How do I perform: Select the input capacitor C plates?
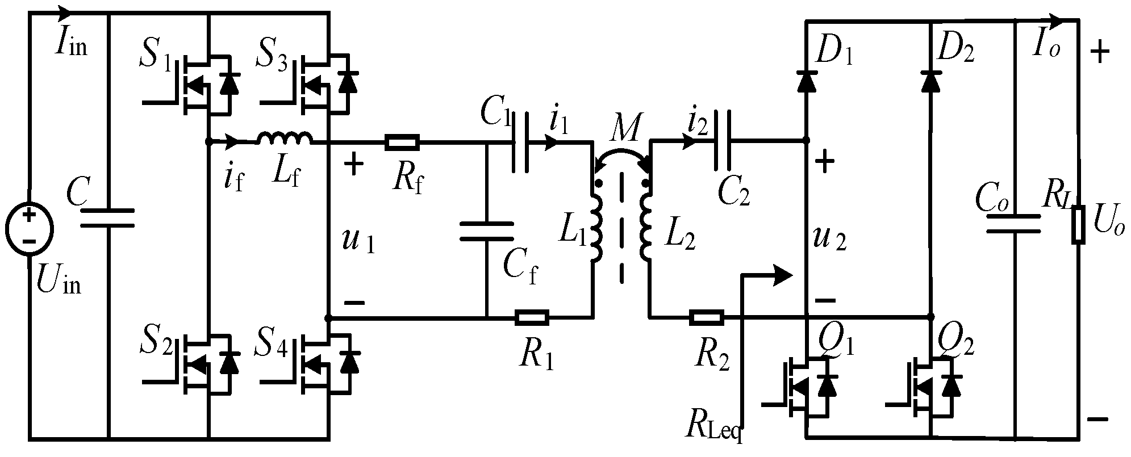(107, 219)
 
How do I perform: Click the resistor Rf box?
(402, 142)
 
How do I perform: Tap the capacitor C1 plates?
(520, 142)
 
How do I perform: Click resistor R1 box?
(532, 318)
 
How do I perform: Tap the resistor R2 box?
(707, 317)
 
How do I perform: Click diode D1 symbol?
(807, 82)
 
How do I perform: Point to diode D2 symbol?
(930, 82)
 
